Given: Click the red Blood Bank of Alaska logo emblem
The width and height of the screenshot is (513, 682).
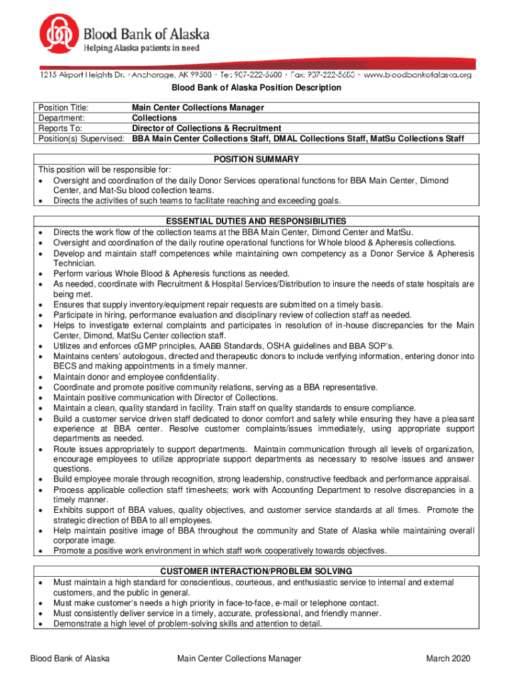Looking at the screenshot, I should pos(61,36).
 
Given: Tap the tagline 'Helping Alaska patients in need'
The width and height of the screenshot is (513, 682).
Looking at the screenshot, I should pos(141,48).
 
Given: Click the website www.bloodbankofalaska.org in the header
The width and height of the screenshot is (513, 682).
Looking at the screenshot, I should pos(418,75).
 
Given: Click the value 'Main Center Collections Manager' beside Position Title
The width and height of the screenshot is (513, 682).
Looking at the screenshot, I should pos(198,108).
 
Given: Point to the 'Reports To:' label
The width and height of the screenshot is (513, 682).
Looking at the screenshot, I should pos(60,129).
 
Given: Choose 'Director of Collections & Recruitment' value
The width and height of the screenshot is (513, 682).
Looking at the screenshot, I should pos(207,129).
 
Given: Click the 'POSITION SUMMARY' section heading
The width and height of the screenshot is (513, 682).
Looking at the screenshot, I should pos(256,160).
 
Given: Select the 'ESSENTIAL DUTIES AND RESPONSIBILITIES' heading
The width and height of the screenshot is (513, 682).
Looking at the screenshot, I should pos(256,221).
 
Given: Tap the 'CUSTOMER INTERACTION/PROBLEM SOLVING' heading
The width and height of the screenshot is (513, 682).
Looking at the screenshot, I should pos(256,571).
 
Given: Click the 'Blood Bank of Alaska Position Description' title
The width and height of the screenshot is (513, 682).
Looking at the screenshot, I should pos(256,88).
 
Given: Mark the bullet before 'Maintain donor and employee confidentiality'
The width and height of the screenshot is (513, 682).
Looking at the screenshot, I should pos(42,378).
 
